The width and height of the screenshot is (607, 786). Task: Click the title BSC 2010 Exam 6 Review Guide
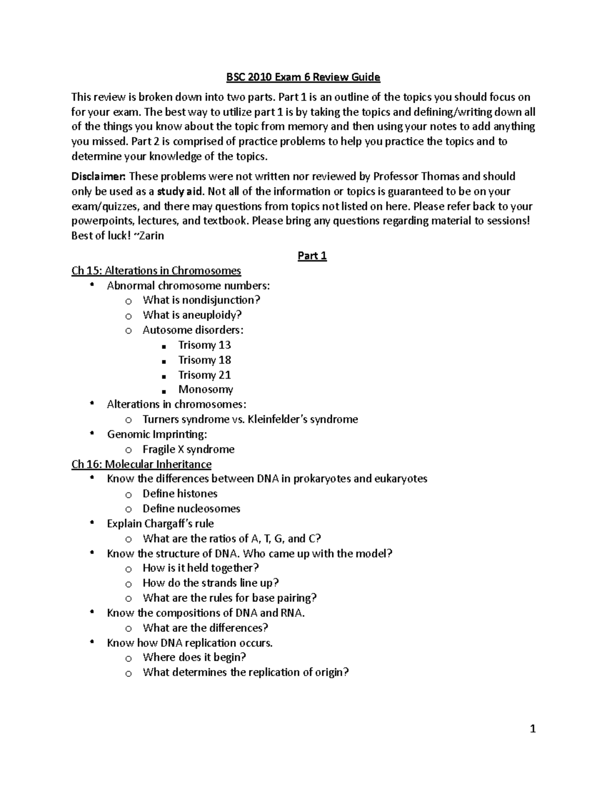pos(302,77)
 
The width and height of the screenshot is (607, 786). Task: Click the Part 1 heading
pos(312,256)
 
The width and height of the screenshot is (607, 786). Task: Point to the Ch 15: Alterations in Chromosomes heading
pos(156,271)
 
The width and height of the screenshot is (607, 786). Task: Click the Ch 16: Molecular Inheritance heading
pos(142,464)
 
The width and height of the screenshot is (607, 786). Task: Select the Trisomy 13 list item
pos(204,345)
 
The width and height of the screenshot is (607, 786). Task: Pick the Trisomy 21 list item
pos(204,375)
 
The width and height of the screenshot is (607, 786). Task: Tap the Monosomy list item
pos(205,390)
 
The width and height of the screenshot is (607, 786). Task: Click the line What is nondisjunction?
pos(201,300)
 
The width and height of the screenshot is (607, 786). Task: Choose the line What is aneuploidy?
pos(192,315)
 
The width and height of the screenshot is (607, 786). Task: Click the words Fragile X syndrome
pos(188,449)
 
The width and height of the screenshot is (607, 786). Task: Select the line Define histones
pos(180,494)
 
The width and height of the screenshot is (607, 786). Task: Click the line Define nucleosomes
pos(191,509)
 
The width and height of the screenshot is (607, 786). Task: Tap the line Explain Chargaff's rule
pos(160,524)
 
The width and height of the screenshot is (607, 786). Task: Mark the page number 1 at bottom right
pos(532,729)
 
